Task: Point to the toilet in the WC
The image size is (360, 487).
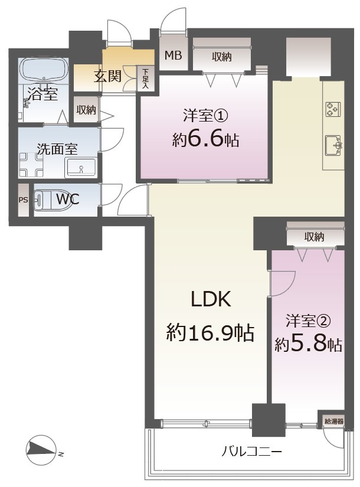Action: point(46,200)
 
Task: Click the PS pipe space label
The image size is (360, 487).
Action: point(23,200)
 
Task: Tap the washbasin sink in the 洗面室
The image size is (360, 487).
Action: point(81,168)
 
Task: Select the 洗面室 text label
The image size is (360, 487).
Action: point(57,149)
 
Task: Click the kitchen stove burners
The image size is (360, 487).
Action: point(332,109)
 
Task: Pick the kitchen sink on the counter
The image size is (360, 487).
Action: point(334,144)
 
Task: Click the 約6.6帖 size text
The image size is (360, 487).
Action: point(206,140)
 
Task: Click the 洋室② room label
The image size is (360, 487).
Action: point(308,321)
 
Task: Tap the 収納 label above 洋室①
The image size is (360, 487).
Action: point(222,56)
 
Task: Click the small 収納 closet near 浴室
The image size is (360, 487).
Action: point(86,110)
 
